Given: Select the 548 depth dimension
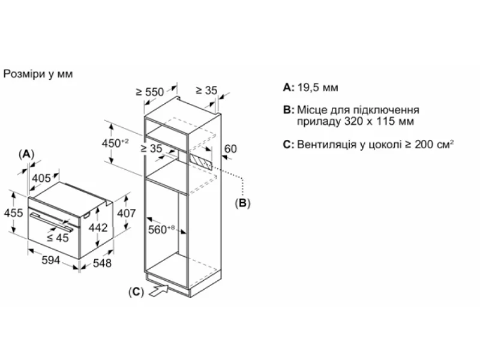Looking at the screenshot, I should click(103, 263).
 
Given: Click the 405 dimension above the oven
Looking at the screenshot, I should click(41, 178).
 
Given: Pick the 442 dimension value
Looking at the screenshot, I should click(97, 227).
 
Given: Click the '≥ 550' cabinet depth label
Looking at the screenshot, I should click(149, 92).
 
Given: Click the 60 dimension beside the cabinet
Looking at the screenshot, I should click(230, 148).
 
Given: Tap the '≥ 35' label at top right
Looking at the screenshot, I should click(206, 91).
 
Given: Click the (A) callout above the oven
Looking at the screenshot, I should click(26, 154).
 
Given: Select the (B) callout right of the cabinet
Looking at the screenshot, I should click(242, 203).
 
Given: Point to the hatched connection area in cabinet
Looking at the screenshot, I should click(200, 161).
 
